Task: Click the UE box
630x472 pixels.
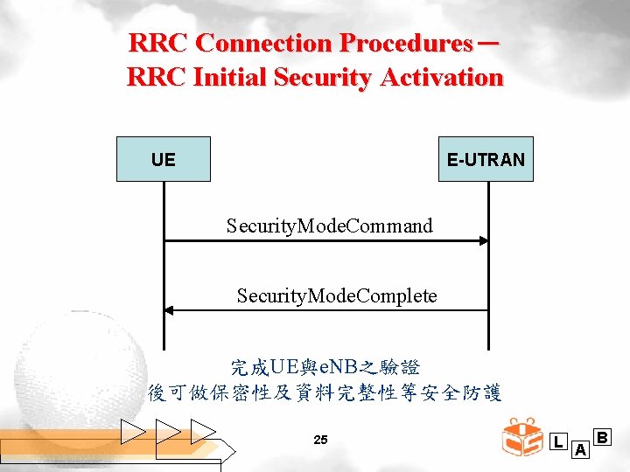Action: (164, 159)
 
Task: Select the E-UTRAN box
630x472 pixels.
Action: (486, 159)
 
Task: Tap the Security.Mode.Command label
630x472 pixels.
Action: (329, 226)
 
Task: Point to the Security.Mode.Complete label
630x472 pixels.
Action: (337, 295)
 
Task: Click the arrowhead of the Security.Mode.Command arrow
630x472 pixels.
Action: (482, 240)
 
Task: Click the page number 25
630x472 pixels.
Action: (320, 440)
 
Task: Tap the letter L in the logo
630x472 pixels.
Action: (559, 441)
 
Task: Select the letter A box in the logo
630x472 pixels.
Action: (579, 449)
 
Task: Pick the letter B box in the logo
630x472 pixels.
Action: (602, 435)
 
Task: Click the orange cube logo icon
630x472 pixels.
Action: (522, 438)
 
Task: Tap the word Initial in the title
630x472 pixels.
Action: (227, 77)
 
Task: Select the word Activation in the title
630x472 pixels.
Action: (442, 77)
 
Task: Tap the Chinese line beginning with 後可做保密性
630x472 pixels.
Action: (325, 392)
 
